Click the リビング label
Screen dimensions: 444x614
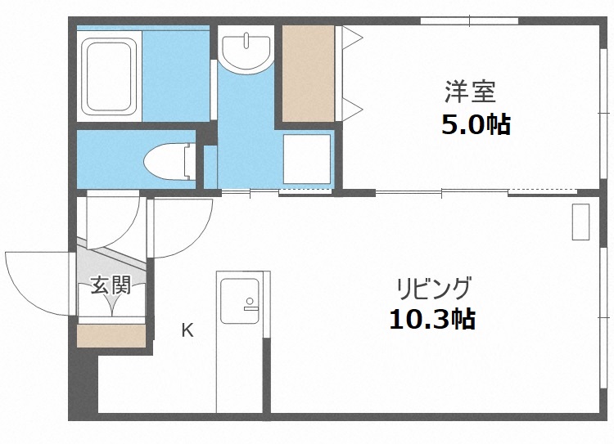tap(433, 288)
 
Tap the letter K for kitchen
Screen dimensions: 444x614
tap(187, 330)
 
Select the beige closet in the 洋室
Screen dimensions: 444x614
tap(308, 74)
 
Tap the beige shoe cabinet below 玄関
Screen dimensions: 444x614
tap(111, 335)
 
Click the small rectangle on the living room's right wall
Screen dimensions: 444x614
tap(580, 221)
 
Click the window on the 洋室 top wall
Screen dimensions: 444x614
tap(469, 20)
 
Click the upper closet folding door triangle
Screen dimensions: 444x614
tap(350, 38)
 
